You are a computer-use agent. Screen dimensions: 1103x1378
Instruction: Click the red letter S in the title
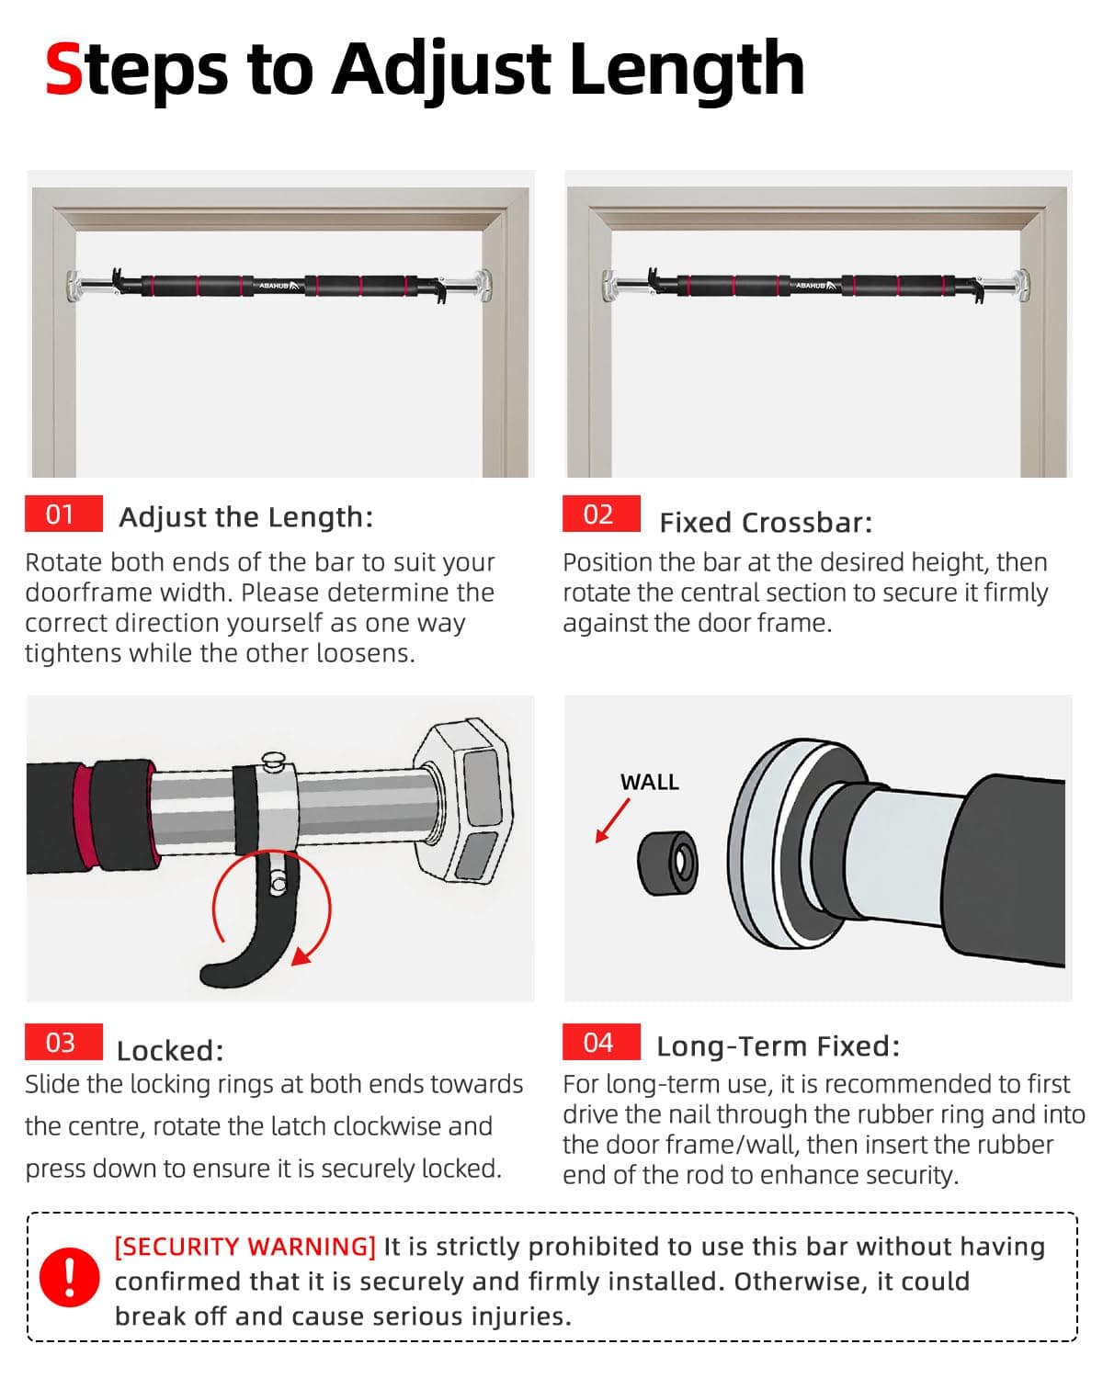pyautogui.click(x=63, y=69)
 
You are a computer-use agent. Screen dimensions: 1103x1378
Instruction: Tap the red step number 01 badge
pyautogui.click(x=63, y=514)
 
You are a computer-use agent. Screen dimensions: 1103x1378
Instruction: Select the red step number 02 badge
pyautogui.click(x=600, y=514)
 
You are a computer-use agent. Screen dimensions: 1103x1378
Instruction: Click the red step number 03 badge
pyautogui.click(x=63, y=1041)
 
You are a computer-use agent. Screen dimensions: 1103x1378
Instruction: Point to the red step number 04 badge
pyautogui.click(x=600, y=1041)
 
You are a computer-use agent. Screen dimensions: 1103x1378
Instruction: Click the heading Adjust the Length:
pyautogui.click(x=246, y=517)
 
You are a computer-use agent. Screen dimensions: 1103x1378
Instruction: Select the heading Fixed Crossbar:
pyautogui.click(x=766, y=523)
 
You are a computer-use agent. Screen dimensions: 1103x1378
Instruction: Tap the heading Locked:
pyautogui.click(x=170, y=1051)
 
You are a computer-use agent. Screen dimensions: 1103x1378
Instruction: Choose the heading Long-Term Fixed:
pyautogui.click(x=778, y=1046)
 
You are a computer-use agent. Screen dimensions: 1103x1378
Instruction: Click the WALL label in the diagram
pyautogui.click(x=649, y=782)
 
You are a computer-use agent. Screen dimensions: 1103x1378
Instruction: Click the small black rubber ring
pyautogui.click(x=667, y=864)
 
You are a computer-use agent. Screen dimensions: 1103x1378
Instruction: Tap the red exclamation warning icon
pyautogui.click(x=69, y=1277)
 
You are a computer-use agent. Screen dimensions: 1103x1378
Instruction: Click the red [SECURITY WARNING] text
pyautogui.click(x=245, y=1247)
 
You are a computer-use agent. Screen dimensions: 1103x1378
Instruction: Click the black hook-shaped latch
pyautogui.click(x=253, y=925)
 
